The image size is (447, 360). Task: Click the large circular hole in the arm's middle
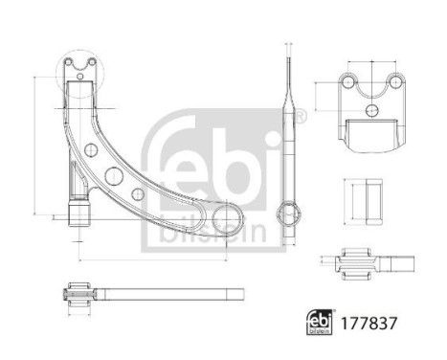(x=113, y=175)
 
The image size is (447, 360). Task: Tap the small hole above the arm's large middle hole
(x=91, y=150)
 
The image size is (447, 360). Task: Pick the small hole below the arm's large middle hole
(x=137, y=193)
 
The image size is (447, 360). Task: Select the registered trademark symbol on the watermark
(x=301, y=116)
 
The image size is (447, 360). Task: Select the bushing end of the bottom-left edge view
(x=80, y=291)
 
